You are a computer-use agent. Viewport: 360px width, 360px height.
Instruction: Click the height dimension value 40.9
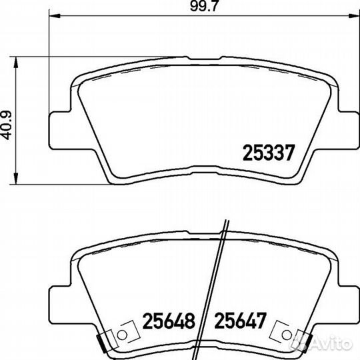[x=9, y=125]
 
